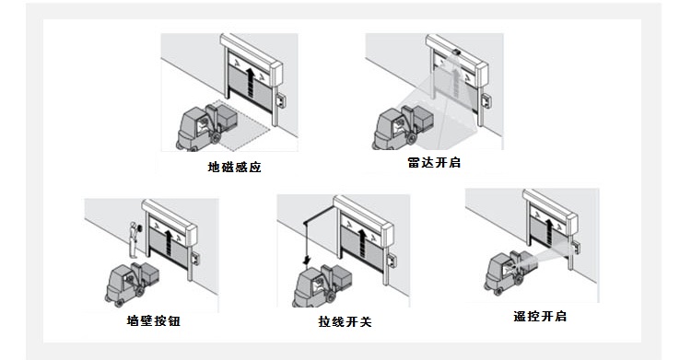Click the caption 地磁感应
pyautogui.click(x=234, y=167)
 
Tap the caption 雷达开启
pyautogui.click(x=434, y=163)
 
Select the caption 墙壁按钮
pyautogui.click(x=153, y=320)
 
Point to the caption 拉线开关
pyautogui.click(x=345, y=321)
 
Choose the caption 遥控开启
pyautogui.click(x=540, y=317)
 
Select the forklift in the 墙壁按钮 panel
pyautogui.click(x=132, y=284)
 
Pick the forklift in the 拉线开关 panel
pyautogui.click(x=322, y=285)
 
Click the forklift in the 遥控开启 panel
pyautogui.click(x=511, y=272)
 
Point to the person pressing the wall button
pyautogui.click(x=134, y=239)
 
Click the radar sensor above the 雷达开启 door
pyautogui.click(x=457, y=52)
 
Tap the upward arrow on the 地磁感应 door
pyautogui.click(x=250, y=82)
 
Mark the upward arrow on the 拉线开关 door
pyautogui.click(x=362, y=243)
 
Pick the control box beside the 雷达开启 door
pyautogui.click(x=486, y=100)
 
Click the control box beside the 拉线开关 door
pyautogui.click(x=391, y=259)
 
